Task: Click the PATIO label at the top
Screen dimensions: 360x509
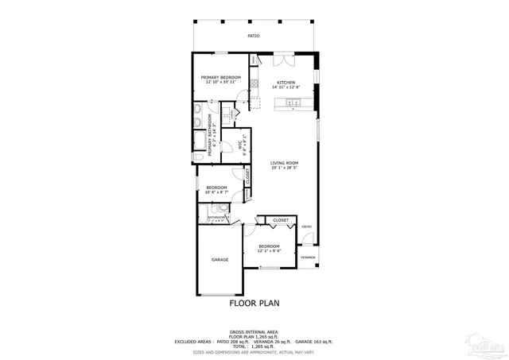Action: click(254, 36)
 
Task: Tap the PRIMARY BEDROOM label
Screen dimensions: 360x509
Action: click(220, 77)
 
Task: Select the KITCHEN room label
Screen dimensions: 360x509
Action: click(286, 82)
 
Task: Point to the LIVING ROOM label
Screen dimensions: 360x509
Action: click(284, 162)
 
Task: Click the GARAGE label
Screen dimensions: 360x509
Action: click(220, 260)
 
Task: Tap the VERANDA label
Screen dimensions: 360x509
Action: click(308, 257)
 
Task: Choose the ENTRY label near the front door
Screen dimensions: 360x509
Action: click(306, 226)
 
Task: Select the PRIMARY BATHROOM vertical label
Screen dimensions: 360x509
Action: click(210, 134)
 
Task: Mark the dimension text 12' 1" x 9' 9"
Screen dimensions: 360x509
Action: click(269, 252)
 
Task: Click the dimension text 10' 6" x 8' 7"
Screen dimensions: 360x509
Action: click(217, 192)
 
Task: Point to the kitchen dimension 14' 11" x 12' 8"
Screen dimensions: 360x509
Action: click(286, 87)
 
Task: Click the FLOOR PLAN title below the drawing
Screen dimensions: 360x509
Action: click(254, 303)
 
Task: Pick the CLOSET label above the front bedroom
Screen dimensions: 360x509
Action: click(281, 220)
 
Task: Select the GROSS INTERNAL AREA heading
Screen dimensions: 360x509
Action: click(254, 331)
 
